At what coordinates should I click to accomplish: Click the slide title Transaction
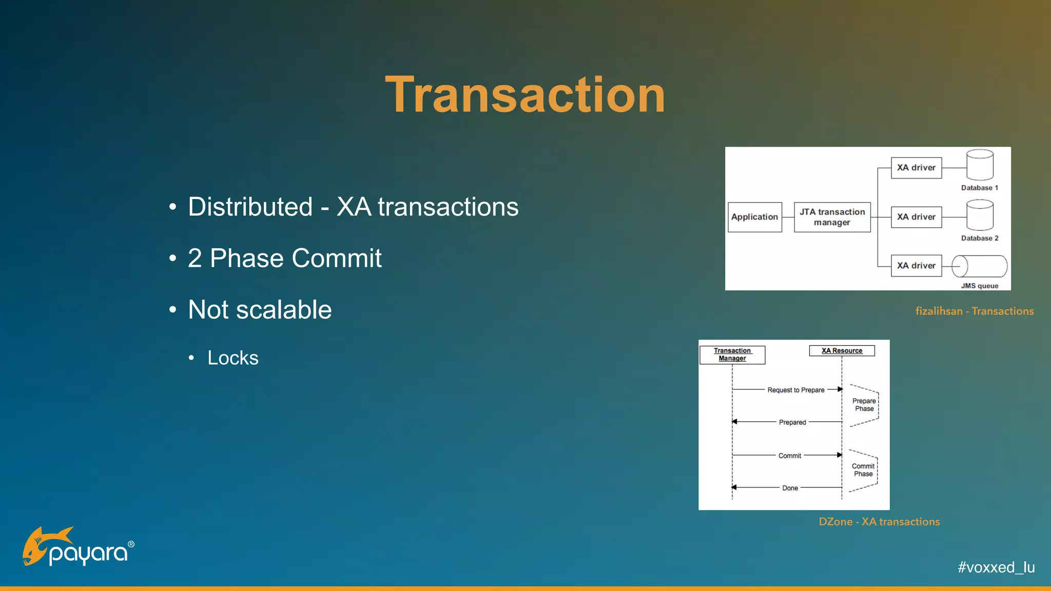click(525, 95)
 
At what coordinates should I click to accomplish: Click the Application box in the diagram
click(754, 217)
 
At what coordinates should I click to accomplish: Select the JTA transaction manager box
click(832, 217)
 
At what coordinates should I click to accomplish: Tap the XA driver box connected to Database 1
click(916, 168)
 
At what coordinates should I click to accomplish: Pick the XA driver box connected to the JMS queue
click(916, 266)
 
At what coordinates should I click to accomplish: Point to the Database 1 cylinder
click(980, 165)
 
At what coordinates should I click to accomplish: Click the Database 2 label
click(979, 238)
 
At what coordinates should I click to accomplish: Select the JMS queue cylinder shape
click(979, 266)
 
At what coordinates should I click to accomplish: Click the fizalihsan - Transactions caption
click(974, 311)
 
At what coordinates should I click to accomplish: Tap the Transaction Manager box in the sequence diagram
click(732, 354)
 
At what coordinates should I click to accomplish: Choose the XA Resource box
click(842, 351)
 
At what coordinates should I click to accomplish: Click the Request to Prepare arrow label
click(795, 390)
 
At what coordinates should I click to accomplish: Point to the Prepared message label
click(792, 422)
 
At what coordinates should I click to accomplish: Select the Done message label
click(790, 488)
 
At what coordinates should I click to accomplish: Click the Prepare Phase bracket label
click(864, 405)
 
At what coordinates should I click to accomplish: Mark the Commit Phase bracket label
click(863, 470)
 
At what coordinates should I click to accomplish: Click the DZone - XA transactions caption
click(879, 522)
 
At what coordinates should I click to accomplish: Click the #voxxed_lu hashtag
click(996, 567)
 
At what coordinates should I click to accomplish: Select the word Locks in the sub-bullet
click(233, 358)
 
